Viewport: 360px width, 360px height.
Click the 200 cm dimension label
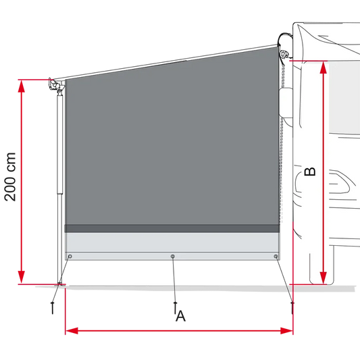(x=10, y=177)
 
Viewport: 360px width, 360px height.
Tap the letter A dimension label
(x=181, y=316)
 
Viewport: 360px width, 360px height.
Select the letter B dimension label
(x=310, y=172)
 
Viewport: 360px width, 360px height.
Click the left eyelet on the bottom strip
(x=70, y=256)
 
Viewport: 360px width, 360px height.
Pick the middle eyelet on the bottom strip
(x=173, y=256)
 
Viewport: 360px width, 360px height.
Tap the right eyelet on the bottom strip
(x=276, y=256)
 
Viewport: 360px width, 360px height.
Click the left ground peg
(x=53, y=308)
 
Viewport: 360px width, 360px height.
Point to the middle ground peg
(x=175, y=307)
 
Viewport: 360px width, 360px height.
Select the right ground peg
(x=292, y=308)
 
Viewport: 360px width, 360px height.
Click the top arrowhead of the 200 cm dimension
(x=22, y=86)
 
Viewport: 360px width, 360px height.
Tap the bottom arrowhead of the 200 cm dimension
(x=22, y=277)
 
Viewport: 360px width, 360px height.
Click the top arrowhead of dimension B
(x=324, y=68)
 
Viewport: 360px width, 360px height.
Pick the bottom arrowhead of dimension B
(x=324, y=278)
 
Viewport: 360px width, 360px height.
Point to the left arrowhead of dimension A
(x=72, y=331)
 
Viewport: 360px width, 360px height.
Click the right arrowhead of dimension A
(x=286, y=331)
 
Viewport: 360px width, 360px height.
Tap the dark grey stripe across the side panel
(x=172, y=228)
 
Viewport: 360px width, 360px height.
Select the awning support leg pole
(x=59, y=188)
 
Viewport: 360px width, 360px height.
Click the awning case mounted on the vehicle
(x=285, y=46)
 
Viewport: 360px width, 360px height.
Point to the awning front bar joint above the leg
(x=56, y=85)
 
